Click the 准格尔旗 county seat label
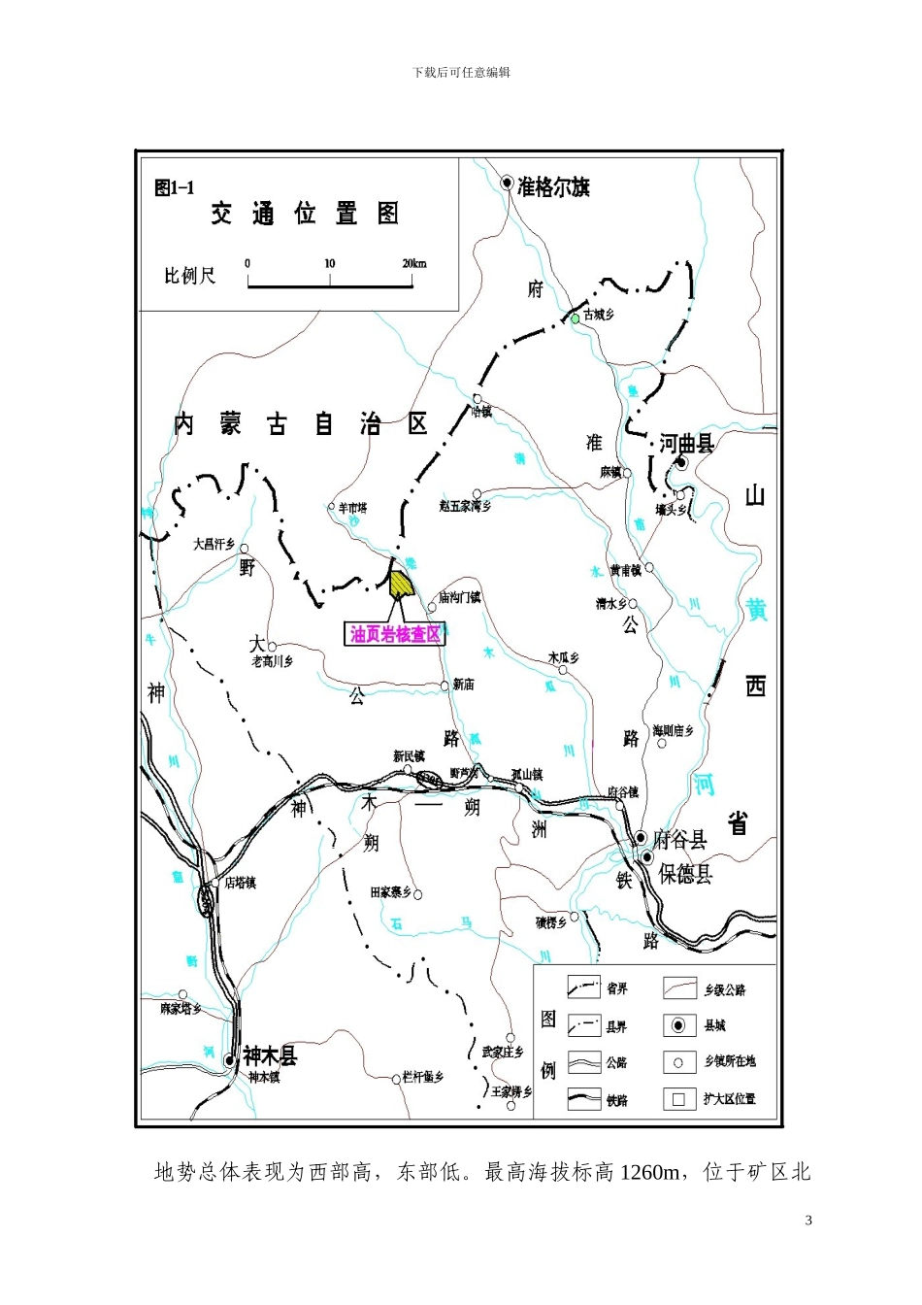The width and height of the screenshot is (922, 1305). pos(553,186)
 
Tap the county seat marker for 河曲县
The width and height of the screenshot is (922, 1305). pos(682,463)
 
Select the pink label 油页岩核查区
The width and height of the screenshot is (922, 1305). pos(396,634)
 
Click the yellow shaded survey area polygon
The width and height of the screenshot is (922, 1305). pos(401,584)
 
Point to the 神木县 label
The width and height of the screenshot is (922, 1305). pos(270,1055)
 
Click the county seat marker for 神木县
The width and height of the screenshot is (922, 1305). pos(230,1060)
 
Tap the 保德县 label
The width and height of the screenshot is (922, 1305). pos(685,873)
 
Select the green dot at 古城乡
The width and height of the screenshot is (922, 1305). pos(575,318)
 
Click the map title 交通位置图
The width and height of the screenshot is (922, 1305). pos(305,214)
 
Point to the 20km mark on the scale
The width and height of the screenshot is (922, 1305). pos(413,264)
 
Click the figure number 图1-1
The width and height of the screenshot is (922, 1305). pos(175,187)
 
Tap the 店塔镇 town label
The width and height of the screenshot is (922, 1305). pos(241,883)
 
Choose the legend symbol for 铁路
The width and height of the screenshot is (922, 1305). pos(583,1099)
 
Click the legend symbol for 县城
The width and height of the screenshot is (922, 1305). pos(678,1025)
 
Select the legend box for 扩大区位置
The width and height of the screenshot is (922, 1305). pos(678,1099)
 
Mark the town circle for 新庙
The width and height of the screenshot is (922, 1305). pos(445,686)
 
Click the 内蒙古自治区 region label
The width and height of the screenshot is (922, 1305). pos(301,424)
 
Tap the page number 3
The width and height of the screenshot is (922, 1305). pos(808,1221)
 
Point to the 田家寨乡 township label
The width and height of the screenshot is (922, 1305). pos(391,892)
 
